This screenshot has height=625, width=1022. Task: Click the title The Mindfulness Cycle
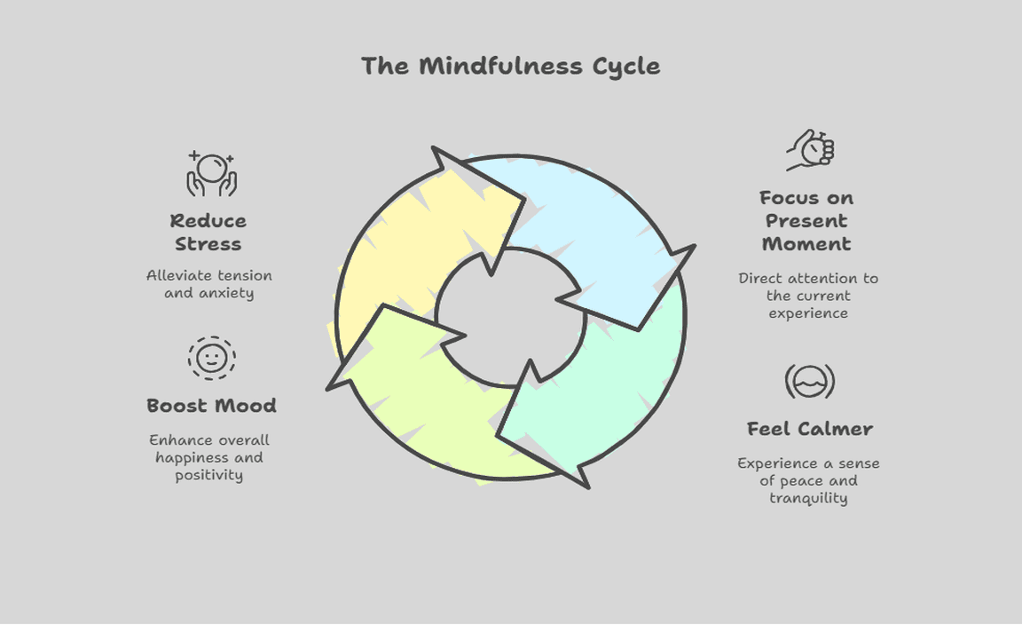(510, 67)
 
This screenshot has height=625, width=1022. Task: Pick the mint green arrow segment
(612, 391)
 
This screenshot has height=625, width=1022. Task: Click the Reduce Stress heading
(208, 233)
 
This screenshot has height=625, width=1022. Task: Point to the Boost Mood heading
(211, 406)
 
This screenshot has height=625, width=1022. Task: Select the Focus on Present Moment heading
(806, 221)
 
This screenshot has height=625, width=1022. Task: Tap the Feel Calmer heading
(809, 429)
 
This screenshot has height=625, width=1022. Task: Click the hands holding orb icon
(211, 173)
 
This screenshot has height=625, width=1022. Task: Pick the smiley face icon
(211, 358)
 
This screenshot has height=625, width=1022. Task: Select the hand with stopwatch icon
(811, 150)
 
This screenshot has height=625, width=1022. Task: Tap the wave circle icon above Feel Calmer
(809, 382)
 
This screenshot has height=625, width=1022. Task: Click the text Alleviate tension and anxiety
(209, 284)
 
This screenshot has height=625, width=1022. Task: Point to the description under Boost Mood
(209, 457)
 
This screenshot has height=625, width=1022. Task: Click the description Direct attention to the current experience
(808, 296)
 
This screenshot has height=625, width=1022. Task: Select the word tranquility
(808, 498)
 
